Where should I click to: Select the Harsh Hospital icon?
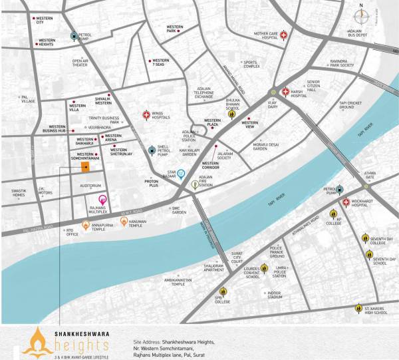(x=285, y=92)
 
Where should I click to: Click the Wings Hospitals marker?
(x=147, y=115)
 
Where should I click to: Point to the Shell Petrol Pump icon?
(x=152, y=150)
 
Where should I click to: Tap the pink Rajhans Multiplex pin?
(x=102, y=199)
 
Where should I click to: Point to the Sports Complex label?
(x=251, y=64)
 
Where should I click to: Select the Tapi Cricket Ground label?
(x=350, y=104)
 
